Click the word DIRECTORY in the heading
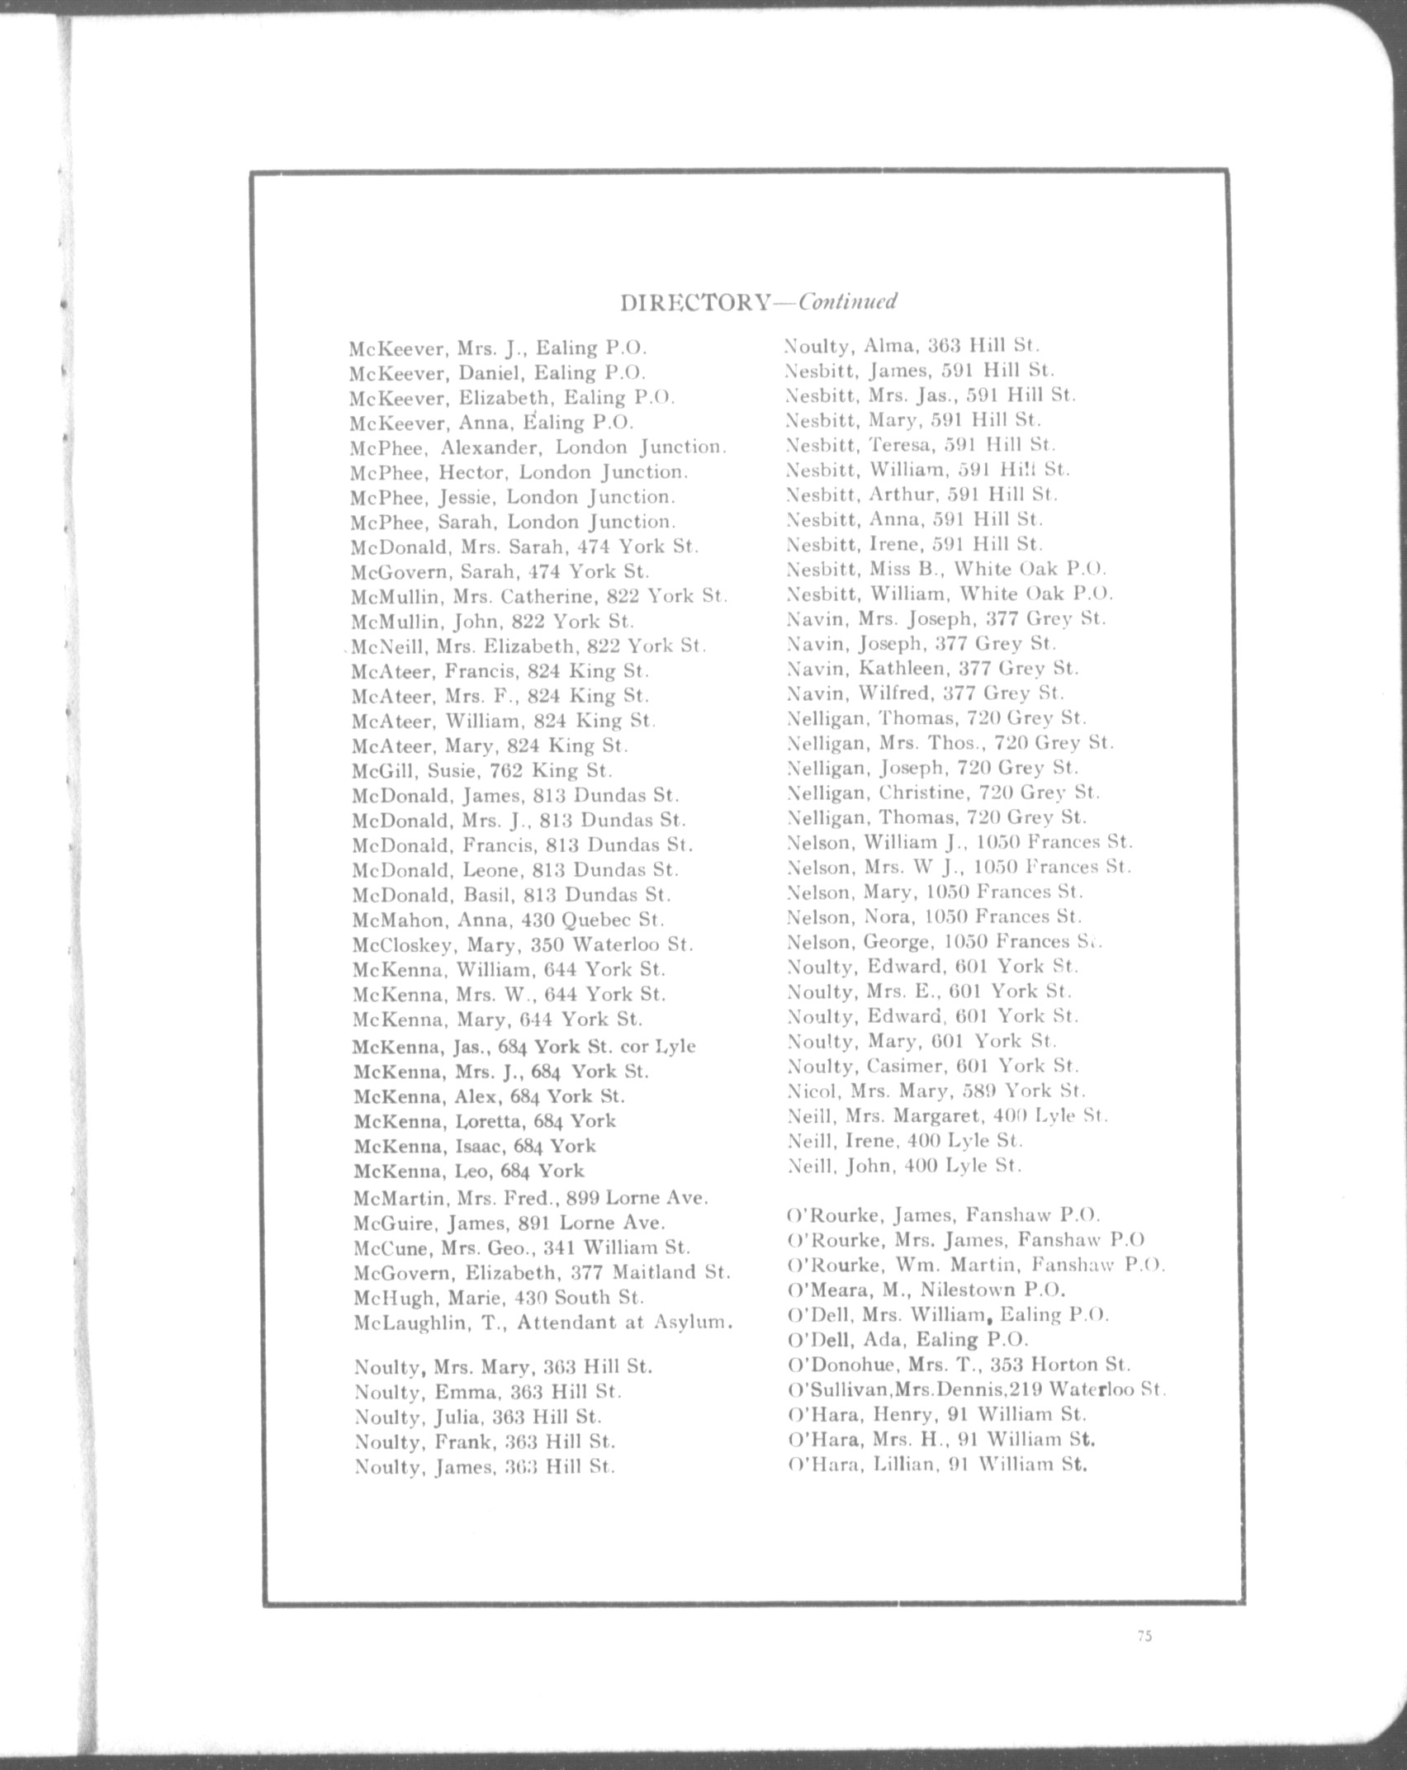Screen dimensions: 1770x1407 (694, 303)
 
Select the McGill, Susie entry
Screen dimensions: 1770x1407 (481, 771)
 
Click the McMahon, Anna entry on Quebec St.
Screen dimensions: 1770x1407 (508, 920)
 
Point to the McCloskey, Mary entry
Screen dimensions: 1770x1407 (523, 944)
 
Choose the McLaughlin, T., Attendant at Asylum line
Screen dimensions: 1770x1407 (542, 1323)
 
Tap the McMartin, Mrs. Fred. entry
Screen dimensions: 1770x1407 (530, 1198)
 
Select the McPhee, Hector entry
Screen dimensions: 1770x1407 (519, 472)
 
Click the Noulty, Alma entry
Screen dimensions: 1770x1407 (912, 345)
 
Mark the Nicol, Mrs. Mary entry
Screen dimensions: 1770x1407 (936, 1091)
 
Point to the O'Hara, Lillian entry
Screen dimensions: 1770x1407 (937, 1465)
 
